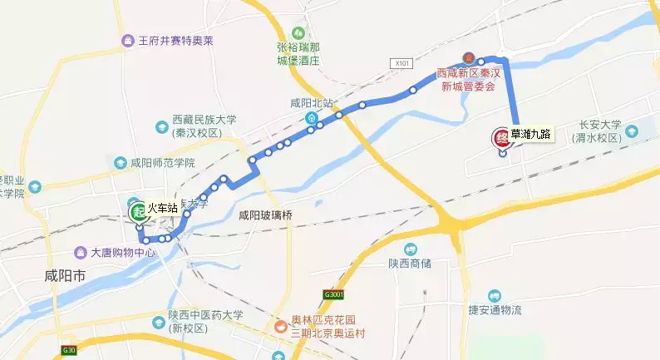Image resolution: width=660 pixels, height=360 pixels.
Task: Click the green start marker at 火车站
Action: point(136,210)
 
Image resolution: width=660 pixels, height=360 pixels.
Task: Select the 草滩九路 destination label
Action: point(530,134)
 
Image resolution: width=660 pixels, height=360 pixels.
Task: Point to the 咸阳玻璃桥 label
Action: point(266,216)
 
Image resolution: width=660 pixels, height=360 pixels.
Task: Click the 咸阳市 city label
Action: point(65,275)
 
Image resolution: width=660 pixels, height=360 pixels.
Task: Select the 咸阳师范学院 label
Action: point(162,163)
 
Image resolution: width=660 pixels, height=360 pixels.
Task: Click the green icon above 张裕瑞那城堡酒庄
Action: point(294,29)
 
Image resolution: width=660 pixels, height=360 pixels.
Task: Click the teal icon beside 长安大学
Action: point(633,131)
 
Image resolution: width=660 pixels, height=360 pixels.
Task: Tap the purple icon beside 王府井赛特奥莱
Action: point(128,41)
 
